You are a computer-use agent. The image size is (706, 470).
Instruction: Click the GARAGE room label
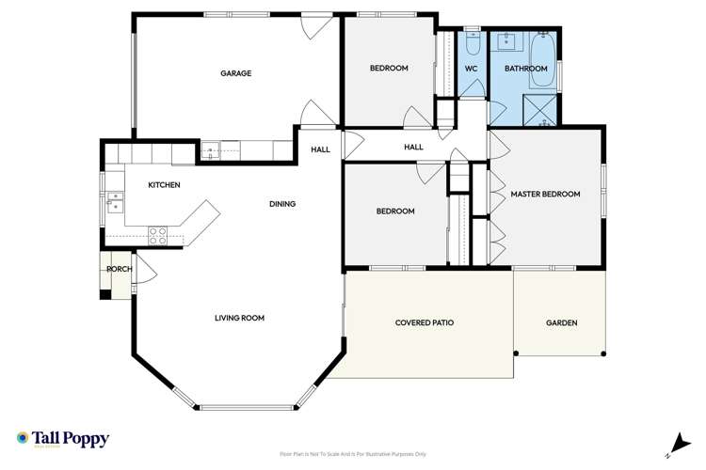235,73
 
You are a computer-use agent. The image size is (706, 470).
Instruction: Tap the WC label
472,69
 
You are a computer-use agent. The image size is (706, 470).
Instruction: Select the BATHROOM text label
525,69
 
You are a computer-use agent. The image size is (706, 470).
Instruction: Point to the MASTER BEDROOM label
545,195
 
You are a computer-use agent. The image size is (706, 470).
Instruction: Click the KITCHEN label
164,185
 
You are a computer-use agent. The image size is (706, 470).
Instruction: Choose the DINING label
282,204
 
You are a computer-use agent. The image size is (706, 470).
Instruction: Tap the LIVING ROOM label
239,318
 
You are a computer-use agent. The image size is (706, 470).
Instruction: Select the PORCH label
119,270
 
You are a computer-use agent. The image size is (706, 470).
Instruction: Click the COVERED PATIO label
424,322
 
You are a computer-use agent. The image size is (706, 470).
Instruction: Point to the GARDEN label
561,322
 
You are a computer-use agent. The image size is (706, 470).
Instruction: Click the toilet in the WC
473,42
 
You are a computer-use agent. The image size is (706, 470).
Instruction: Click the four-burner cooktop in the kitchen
158,235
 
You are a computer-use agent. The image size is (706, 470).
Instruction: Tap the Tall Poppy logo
63,439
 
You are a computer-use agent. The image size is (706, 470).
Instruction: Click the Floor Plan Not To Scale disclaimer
353,453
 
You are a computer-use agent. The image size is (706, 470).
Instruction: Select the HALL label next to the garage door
320,149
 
